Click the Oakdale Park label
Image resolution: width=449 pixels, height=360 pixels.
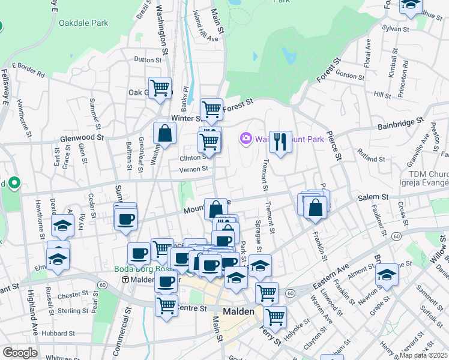click(x=83, y=23)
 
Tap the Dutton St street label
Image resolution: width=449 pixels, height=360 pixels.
click(x=148, y=59)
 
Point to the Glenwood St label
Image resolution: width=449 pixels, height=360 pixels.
click(x=82, y=137)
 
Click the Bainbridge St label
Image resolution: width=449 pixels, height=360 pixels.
click(x=401, y=125)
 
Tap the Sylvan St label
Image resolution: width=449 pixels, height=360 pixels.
click(x=396, y=28)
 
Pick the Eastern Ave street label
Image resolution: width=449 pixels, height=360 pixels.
click(x=330, y=273)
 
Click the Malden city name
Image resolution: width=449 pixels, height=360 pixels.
click(x=239, y=311)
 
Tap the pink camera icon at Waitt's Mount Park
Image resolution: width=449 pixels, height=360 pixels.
click(x=246, y=139)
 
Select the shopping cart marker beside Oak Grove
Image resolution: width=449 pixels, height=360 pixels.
click(x=160, y=88)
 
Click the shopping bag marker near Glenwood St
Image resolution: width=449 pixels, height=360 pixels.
click(x=164, y=134)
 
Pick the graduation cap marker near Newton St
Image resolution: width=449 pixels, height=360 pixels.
click(x=387, y=274)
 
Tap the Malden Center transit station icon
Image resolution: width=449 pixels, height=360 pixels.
click(x=125, y=280)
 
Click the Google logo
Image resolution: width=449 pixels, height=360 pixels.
click(x=20, y=353)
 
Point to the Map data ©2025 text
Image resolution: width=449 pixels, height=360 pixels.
click(x=424, y=355)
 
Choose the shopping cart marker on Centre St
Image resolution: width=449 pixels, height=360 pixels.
click(x=166, y=304)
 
